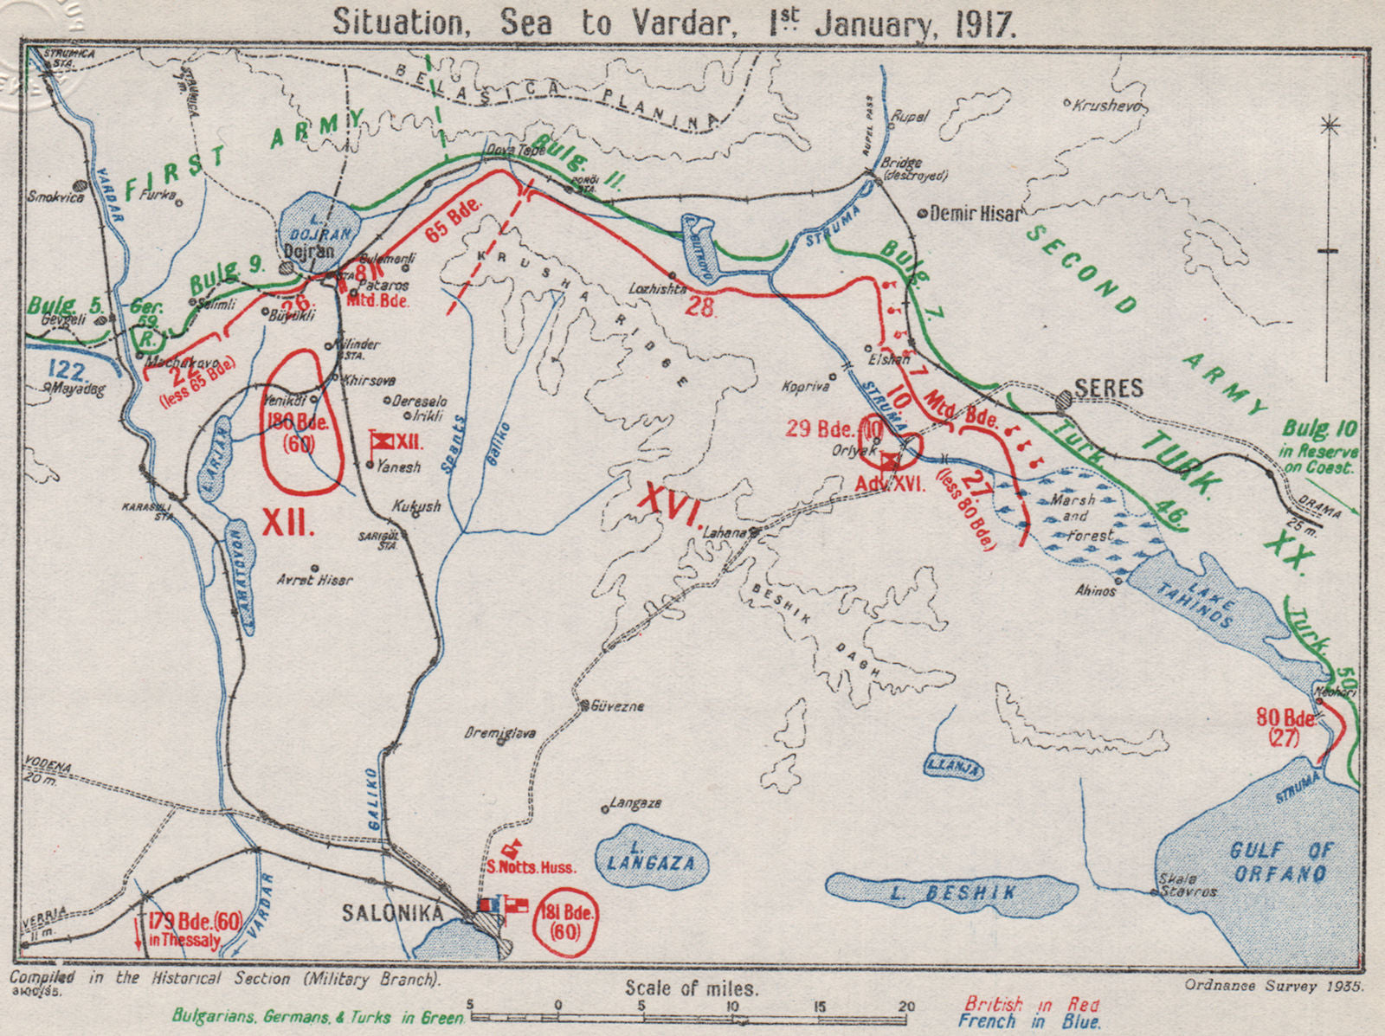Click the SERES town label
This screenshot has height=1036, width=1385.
pos(1109,389)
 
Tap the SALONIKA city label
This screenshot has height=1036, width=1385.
pos(392,912)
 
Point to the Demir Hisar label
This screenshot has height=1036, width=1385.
pos(976,213)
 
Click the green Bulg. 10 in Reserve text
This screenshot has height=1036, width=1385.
pos(1319,446)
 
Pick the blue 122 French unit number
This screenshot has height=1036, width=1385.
pos(68,371)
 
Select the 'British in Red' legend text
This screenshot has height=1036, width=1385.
pos(1032,1005)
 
